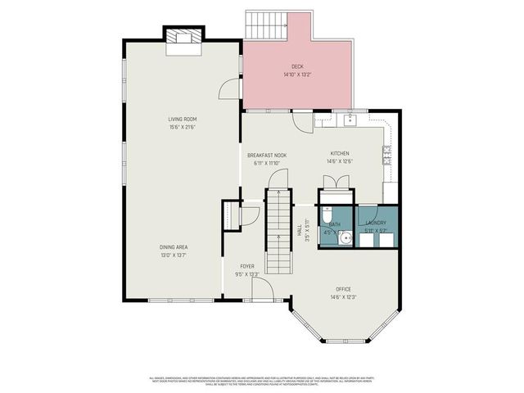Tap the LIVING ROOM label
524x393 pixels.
(181, 120)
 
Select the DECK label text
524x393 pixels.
(298, 67)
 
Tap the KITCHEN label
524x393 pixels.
(341, 154)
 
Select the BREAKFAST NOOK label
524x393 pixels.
(267, 155)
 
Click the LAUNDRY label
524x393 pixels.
(377, 223)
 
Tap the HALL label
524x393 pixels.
(300, 233)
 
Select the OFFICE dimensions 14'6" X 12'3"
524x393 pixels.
(344, 296)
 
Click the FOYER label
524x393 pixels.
(247, 267)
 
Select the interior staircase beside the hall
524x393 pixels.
(278, 217)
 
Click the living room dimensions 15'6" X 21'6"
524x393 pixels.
(181, 127)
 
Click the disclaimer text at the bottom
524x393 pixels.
(262, 381)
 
